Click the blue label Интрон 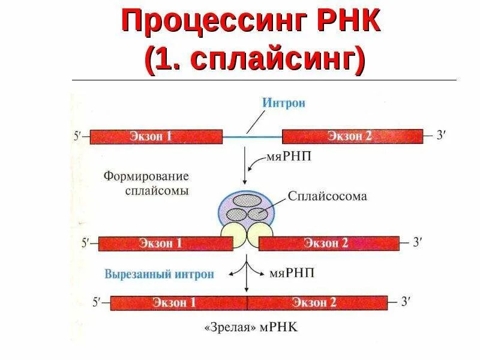[283, 103]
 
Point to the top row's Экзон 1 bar [155, 137]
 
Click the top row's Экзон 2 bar [350, 136]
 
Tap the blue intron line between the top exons [252, 137]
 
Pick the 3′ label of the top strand [441, 136]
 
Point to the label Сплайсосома [326, 196]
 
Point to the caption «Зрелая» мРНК [252, 328]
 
